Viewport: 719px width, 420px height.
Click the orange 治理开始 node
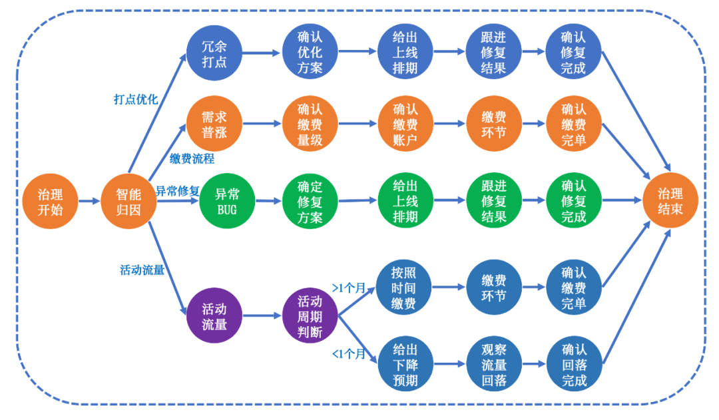pos(50,201)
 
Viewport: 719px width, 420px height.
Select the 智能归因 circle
pos(129,201)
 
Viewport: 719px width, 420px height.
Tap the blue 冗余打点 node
pos(214,53)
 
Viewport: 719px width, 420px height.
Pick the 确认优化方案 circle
pos(310,53)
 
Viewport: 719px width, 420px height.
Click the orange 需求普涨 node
pos(214,124)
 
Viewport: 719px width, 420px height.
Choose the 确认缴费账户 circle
pos(405,124)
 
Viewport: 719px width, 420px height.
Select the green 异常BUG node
pos(227,201)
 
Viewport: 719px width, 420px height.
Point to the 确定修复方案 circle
pos(310,201)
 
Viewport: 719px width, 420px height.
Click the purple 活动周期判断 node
pos(310,316)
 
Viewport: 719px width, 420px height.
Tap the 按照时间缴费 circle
pos(403,288)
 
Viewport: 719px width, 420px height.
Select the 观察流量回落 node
pos(494,365)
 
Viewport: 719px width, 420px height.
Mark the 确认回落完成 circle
pos(574,365)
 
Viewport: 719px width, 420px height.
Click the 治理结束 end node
pos(670,201)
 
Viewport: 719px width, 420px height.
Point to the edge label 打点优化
pos(136,99)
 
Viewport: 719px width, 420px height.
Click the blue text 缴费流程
pos(192,158)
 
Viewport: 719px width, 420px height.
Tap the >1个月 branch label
pos(349,288)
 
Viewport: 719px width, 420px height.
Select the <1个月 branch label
pos(349,353)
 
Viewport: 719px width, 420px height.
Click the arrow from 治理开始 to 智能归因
pos(89,201)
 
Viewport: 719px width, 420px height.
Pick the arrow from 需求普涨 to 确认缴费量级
pos(262,123)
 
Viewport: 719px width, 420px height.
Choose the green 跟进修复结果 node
pos(494,201)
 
